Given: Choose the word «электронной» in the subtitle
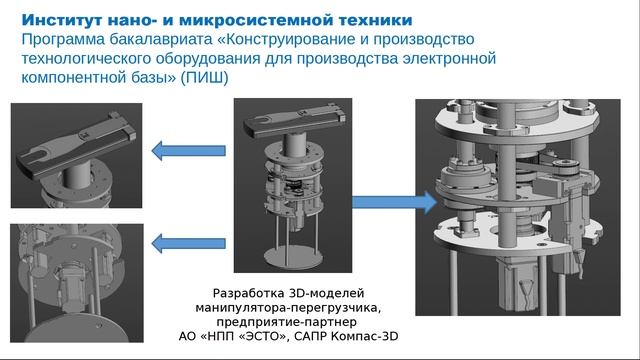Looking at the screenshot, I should pyautogui.click(x=450, y=58).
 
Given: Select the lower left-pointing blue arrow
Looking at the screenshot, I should pyautogui.click(x=187, y=241).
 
